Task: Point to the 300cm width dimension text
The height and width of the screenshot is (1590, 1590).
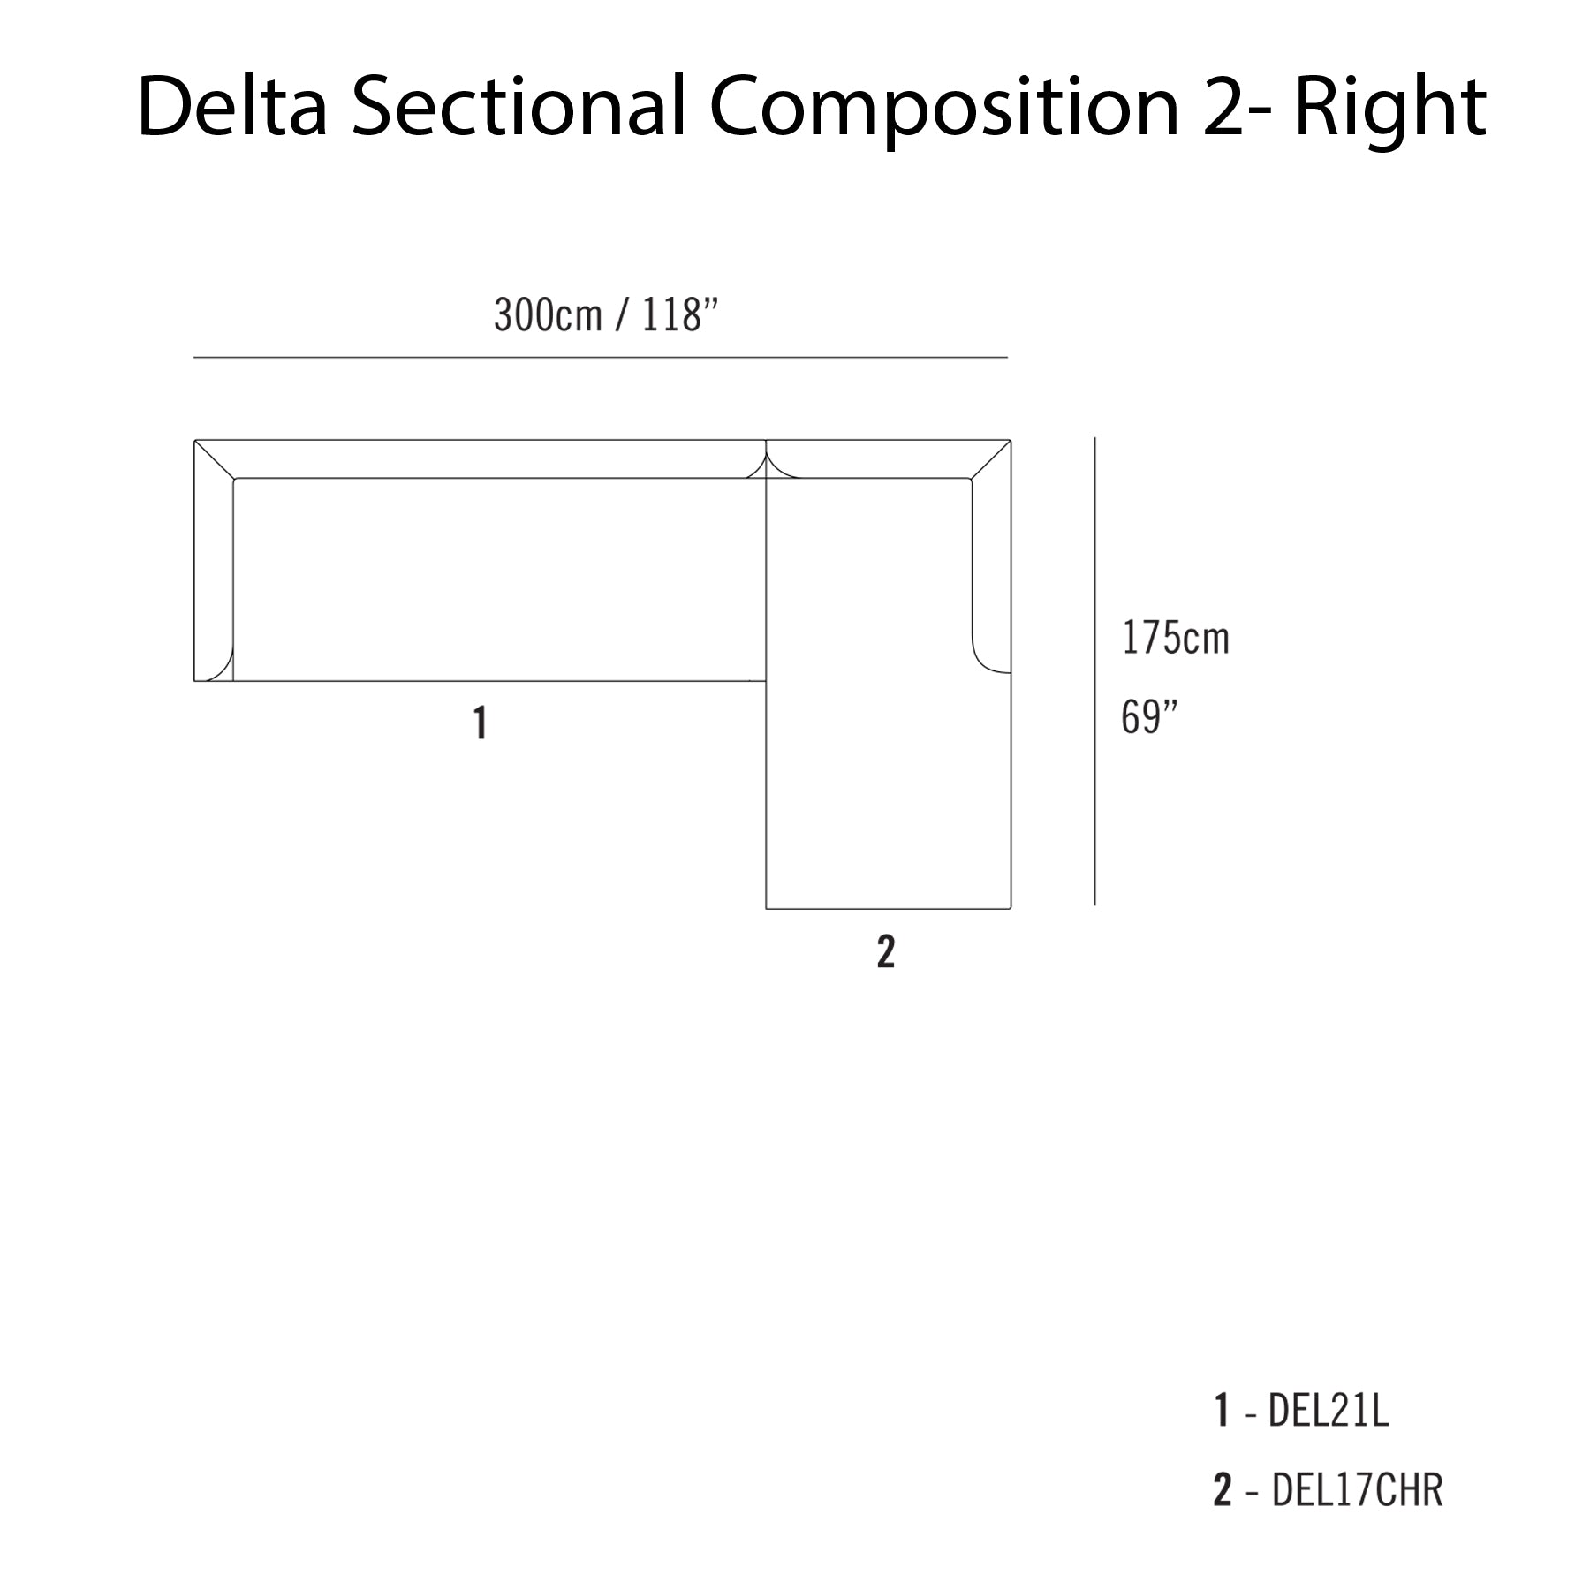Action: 548,315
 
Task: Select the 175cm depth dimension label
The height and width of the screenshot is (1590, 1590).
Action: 1175,638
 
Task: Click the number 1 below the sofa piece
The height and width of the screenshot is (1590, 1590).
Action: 480,723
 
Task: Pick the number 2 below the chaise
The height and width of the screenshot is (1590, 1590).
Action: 886,951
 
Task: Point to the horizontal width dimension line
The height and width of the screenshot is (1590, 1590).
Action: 601,358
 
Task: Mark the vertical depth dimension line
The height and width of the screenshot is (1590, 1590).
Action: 1095,671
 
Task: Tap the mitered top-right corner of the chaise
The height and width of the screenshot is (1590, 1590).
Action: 991,458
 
